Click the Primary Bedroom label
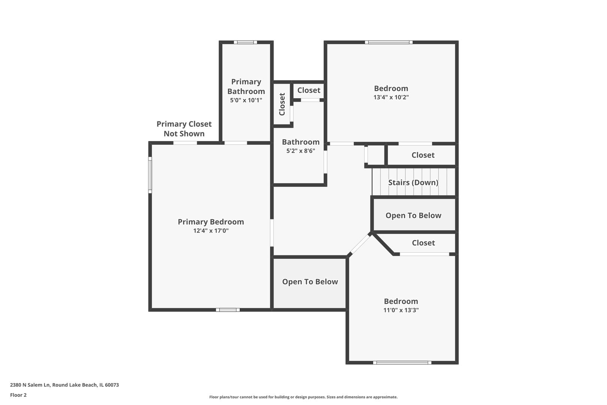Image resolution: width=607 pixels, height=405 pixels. click(211, 222)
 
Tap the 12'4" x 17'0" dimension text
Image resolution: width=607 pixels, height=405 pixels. click(211, 231)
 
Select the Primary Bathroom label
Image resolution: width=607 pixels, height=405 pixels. click(246, 87)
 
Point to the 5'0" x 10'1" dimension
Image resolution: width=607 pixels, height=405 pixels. click(246, 100)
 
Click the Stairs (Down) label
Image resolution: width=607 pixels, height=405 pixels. click(413, 183)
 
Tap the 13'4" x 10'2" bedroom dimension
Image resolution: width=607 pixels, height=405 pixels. click(391, 97)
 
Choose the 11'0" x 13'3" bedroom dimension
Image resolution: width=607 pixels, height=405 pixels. click(401, 310)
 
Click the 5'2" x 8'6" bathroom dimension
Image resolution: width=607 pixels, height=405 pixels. click(301, 151)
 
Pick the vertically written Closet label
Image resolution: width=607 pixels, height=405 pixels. click(282, 104)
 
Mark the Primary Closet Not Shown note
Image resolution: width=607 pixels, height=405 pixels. click(184, 129)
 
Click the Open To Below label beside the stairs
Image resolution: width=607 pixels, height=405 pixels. click(414, 215)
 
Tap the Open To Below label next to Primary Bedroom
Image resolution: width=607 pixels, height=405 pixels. click(310, 282)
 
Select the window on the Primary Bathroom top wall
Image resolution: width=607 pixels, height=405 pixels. click(245, 42)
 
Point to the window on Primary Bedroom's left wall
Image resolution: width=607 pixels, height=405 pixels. click(150, 175)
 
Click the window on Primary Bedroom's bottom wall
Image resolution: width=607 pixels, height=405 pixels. click(228, 310)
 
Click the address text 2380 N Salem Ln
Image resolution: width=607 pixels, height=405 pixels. click(30, 385)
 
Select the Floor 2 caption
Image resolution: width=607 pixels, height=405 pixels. click(18, 395)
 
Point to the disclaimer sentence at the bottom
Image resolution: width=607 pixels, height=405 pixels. click(303, 397)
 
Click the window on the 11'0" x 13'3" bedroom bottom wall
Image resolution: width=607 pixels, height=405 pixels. click(402, 363)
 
